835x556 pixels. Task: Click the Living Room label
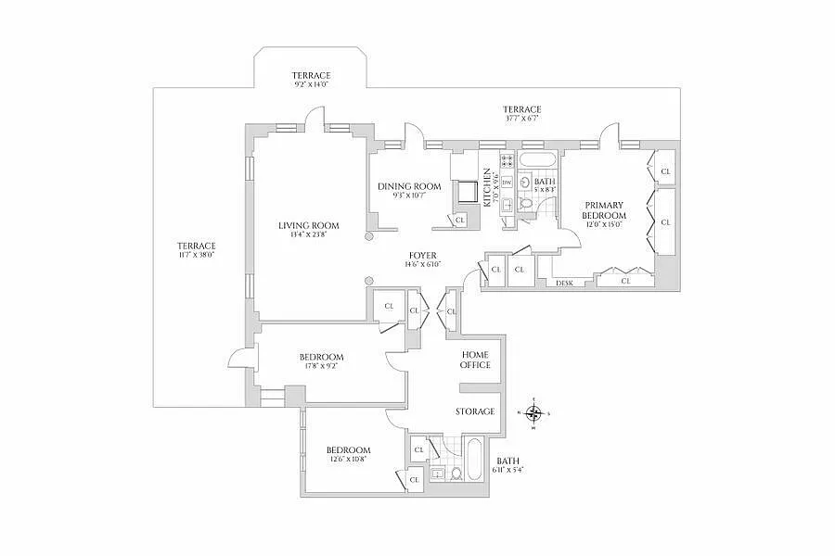click(308, 225)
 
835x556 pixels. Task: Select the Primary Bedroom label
click(603, 209)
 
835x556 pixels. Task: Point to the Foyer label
click(421, 255)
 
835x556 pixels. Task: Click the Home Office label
click(475, 360)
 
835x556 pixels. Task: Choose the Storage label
click(474, 411)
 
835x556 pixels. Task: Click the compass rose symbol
click(533, 414)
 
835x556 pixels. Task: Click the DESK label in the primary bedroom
click(565, 282)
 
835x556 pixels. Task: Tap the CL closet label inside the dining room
click(460, 220)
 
